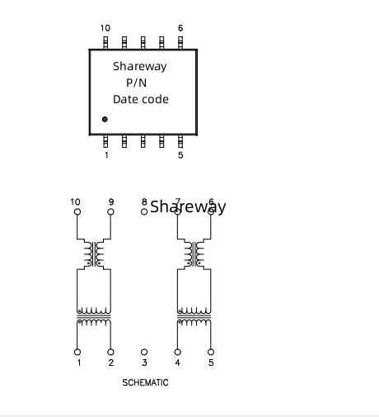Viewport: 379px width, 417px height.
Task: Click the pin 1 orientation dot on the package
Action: coord(105,119)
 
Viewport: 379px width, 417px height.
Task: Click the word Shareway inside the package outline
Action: coord(140,66)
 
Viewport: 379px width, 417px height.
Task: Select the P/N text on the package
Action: coord(136,83)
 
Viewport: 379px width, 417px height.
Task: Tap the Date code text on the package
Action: coord(141,99)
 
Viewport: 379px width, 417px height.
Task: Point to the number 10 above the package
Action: coord(105,28)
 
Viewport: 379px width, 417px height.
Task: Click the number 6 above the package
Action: coord(180,28)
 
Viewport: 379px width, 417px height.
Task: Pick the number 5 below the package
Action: coord(180,155)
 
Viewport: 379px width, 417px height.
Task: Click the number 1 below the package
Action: coord(106,155)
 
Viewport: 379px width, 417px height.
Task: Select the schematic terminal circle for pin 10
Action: coord(77,211)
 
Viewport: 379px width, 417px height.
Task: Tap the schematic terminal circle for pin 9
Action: coord(110,211)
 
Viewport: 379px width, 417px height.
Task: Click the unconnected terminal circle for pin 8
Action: coord(144,211)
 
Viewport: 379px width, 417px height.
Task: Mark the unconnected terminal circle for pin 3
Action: coord(144,352)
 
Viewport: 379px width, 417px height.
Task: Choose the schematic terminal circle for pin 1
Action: coord(77,352)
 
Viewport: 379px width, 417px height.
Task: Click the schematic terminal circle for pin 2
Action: coord(110,352)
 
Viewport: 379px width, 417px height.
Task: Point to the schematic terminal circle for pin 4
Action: coord(178,352)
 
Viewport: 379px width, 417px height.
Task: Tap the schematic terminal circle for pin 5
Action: coord(211,352)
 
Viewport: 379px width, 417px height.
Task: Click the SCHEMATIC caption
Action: coord(145,382)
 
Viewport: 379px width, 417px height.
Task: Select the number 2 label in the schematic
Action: coord(111,363)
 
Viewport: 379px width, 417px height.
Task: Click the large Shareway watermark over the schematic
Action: coord(188,206)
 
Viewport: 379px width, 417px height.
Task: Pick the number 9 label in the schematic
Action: coord(111,201)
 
